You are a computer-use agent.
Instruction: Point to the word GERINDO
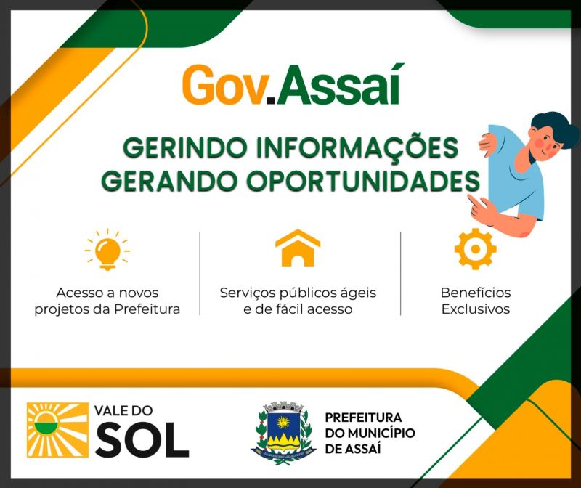tap(185, 148)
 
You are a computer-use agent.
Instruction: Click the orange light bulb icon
tap(107, 249)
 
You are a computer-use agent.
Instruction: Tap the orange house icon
tap(298, 248)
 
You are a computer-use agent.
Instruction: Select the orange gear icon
tap(476, 248)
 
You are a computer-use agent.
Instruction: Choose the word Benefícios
tap(476, 293)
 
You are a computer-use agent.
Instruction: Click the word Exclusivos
tap(476, 309)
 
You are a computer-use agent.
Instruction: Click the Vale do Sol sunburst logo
tap(57, 430)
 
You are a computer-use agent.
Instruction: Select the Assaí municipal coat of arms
tap(283, 431)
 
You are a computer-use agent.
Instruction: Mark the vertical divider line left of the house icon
tap(200, 274)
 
